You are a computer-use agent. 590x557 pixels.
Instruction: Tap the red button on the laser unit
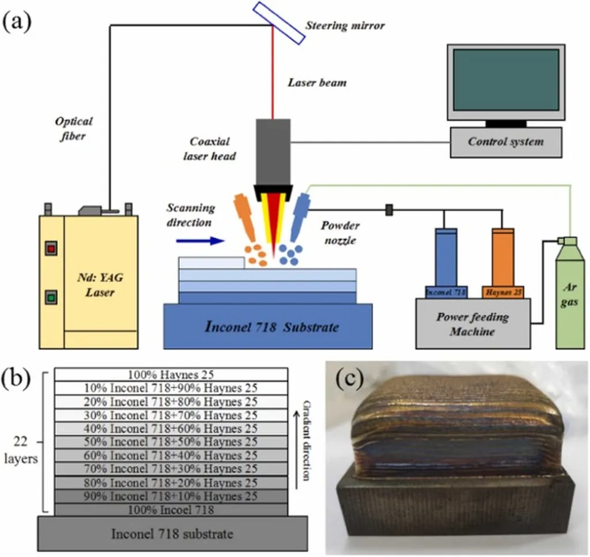(x=51, y=249)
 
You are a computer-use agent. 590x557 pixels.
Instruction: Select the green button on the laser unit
(x=51, y=298)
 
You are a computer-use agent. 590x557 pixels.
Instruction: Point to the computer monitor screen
(x=506, y=80)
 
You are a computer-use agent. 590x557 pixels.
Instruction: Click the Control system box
(x=506, y=141)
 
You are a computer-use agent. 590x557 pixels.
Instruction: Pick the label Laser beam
(x=317, y=83)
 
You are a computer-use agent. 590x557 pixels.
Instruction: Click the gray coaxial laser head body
(x=273, y=153)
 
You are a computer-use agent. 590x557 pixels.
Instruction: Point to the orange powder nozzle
(x=245, y=218)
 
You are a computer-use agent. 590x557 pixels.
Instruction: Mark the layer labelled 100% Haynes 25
(x=171, y=374)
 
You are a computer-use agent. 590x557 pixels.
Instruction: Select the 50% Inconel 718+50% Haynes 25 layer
(x=171, y=442)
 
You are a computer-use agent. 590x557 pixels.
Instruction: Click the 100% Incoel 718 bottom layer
(x=171, y=509)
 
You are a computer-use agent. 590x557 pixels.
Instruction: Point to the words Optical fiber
(x=74, y=127)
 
